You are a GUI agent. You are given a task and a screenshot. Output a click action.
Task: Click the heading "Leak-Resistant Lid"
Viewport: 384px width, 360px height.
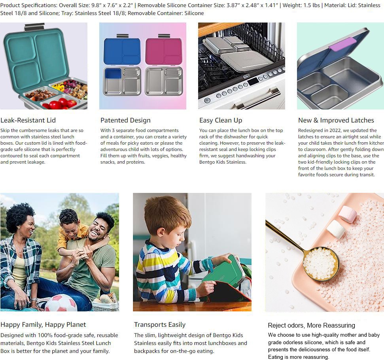tap(28, 120)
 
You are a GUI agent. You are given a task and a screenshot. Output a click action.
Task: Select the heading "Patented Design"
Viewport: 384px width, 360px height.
tap(125, 120)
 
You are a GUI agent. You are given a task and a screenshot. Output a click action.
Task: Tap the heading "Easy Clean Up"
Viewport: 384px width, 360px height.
tap(221, 120)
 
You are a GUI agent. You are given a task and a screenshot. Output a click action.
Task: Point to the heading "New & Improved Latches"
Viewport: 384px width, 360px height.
tap(336, 120)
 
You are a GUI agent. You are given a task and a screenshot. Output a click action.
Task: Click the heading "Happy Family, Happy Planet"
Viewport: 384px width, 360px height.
tap(43, 324)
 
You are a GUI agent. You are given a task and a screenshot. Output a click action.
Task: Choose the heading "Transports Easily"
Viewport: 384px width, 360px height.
tap(160, 324)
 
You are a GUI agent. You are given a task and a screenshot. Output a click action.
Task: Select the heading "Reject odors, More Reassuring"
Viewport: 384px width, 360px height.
tap(312, 325)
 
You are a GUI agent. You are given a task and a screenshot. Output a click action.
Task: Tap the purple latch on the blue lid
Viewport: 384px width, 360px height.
tap(342, 44)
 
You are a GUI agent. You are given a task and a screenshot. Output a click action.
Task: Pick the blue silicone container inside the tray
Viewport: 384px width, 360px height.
tap(113, 74)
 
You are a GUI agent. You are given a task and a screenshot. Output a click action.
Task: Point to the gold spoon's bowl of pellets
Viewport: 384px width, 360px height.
tap(321, 264)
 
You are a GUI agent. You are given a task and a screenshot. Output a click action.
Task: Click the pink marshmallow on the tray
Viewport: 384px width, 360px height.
tap(348, 214)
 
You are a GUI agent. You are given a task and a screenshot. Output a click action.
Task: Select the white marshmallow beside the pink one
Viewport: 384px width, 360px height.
tap(336, 229)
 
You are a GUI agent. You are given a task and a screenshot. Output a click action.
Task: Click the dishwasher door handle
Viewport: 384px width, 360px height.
tap(257, 98)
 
